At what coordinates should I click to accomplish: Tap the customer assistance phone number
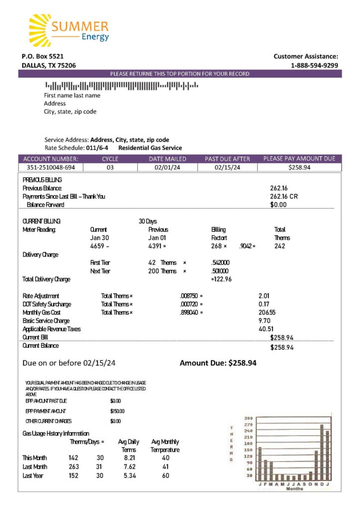click(x=314, y=65)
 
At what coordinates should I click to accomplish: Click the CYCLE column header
click(x=110, y=159)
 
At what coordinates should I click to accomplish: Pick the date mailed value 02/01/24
click(x=168, y=168)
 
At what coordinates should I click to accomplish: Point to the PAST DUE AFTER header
click(x=227, y=159)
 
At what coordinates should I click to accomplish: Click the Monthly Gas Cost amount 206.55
click(x=267, y=312)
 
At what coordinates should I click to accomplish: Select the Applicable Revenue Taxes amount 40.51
click(x=266, y=329)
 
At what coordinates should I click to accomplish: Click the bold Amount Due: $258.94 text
click(x=218, y=363)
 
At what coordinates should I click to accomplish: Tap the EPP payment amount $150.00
click(x=117, y=411)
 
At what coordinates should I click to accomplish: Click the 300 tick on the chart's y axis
click(x=249, y=418)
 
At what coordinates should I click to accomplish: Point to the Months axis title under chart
click(x=294, y=489)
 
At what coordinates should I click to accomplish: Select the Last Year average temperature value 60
click(x=166, y=476)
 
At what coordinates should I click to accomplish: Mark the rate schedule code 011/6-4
click(x=97, y=148)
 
